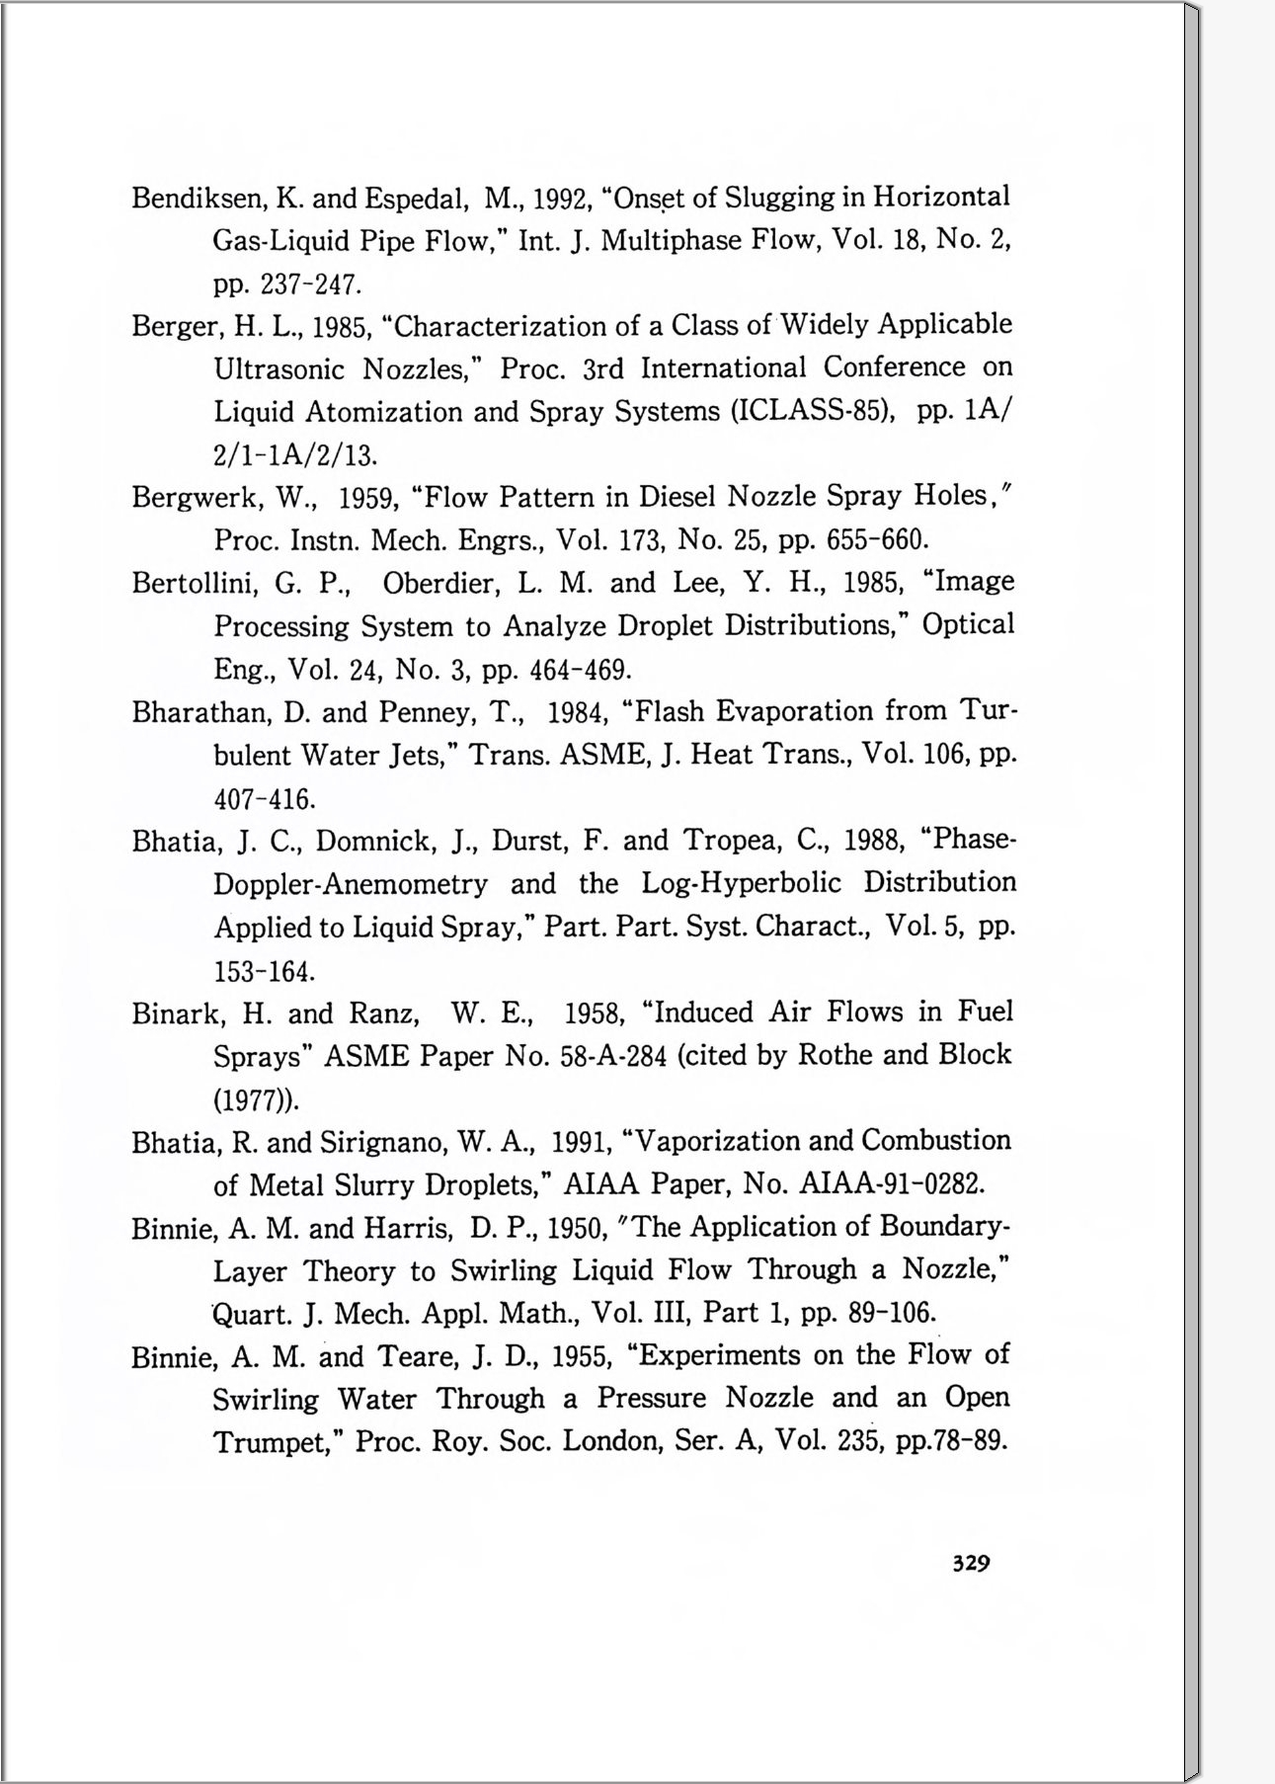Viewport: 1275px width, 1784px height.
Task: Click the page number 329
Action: coord(971,1563)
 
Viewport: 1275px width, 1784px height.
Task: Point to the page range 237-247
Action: coord(309,285)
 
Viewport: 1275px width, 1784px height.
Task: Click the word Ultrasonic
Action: coord(279,369)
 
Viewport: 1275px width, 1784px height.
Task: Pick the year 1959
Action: coord(367,498)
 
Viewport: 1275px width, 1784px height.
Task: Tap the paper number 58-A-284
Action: coord(613,1057)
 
